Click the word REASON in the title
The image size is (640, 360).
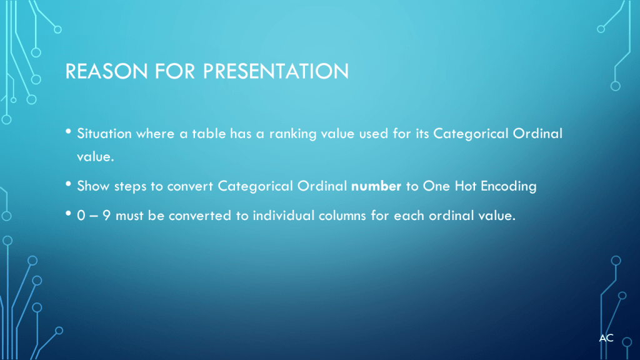[106, 71]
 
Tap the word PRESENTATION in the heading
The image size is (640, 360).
[276, 71]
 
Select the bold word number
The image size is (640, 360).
[376, 186]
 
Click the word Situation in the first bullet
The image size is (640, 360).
[104, 134]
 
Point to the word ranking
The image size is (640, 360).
[292, 134]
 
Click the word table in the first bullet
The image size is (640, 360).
[209, 134]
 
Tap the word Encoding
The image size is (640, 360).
[509, 186]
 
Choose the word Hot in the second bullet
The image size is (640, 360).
[465, 186]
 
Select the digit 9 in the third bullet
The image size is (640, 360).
[106, 215]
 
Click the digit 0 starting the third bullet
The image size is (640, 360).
[81, 215]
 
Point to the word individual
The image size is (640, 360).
[283, 215]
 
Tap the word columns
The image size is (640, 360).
[342, 215]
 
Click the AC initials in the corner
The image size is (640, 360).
[606, 338]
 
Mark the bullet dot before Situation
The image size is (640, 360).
[68, 131]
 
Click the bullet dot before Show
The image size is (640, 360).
[68, 184]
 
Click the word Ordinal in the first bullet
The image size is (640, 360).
[537, 134]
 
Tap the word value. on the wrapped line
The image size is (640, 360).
[96, 157]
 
